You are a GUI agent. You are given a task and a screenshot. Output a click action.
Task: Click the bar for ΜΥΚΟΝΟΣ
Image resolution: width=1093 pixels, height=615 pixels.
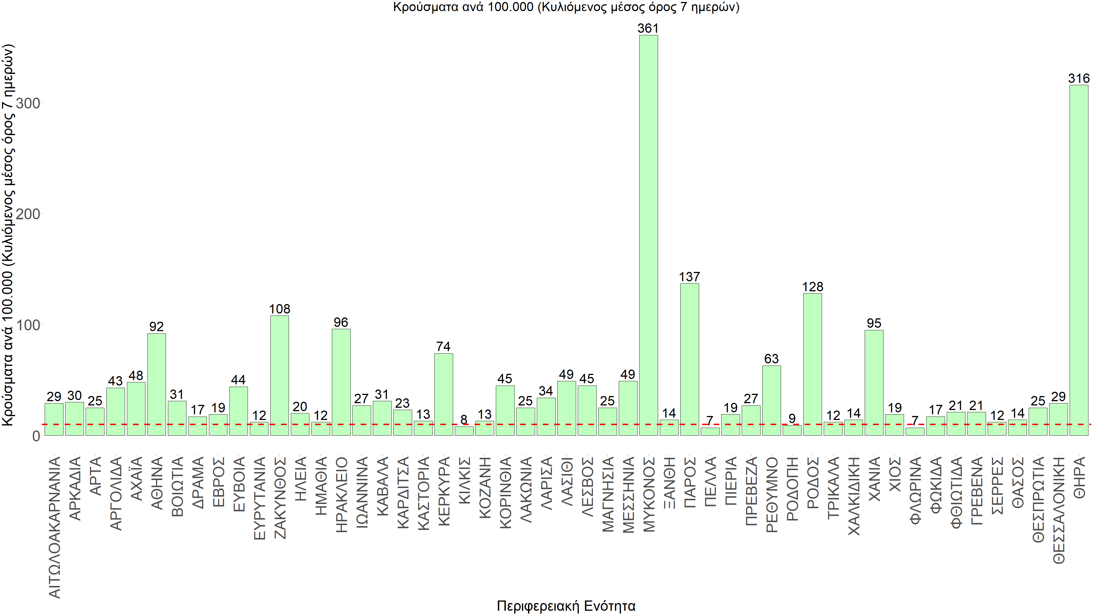(x=648, y=235)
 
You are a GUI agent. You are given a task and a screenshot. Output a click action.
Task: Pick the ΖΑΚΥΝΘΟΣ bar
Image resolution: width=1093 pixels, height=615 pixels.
(x=280, y=375)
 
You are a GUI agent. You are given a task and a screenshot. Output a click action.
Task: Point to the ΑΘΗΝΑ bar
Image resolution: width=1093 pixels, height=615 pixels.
(x=157, y=384)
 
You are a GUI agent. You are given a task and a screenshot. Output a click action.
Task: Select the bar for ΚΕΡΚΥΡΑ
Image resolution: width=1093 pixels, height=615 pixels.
(x=443, y=394)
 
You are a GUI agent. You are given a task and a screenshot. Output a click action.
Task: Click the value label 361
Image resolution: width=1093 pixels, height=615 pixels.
(x=648, y=28)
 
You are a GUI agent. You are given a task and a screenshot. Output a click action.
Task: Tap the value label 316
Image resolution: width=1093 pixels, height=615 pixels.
(x=1078, y=79)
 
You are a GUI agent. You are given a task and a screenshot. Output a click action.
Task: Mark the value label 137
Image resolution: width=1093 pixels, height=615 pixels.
(x=689, y=277)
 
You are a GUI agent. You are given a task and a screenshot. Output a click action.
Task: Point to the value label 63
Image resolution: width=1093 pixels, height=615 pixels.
(x=771, y=359)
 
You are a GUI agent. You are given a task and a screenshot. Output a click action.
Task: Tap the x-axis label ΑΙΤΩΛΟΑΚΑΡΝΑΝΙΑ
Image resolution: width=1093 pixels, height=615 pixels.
(x=55, y=527)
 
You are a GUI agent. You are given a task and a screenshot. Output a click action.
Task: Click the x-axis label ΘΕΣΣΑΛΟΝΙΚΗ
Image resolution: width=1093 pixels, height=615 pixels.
(x=1059, y=510)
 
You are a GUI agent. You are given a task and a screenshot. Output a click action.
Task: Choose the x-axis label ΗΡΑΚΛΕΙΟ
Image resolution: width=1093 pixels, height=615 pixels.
(x=342, y=495)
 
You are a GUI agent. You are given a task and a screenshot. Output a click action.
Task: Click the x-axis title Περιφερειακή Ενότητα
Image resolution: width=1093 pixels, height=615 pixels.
(x=566, y=606)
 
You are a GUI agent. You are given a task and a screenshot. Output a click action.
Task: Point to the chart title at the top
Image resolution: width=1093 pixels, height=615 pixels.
(x=566, y=7)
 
